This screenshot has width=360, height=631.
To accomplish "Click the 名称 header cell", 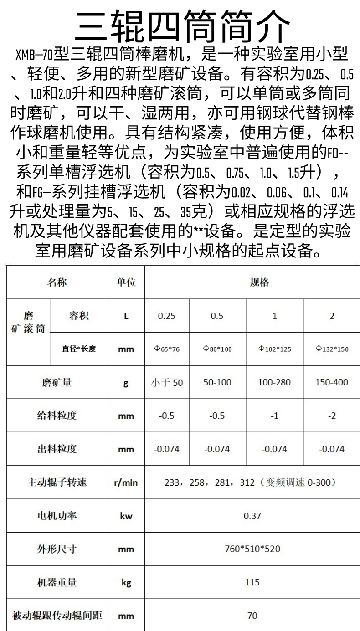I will click(x=57, y=282).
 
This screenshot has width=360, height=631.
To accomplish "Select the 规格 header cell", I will click(x=259, y=282).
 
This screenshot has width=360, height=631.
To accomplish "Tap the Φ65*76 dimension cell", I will click(x=167, y=349).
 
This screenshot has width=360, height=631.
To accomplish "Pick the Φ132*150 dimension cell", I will click(x=332, y=349).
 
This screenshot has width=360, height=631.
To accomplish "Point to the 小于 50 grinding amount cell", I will click(x=167, y=383).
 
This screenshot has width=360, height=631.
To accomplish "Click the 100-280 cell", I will click(x=274, y=382).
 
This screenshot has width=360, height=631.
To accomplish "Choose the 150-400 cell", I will click(x=332, y=382).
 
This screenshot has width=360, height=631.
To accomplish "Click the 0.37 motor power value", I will click(x=252, y=516).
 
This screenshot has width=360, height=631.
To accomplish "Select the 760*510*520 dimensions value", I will click(x=252, y=549).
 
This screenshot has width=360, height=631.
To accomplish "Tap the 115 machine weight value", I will click(x=252, y=582).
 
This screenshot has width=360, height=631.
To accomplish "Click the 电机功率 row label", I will click(x=57, y=516).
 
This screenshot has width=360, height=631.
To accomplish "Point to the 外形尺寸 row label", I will click(x=57, y=549).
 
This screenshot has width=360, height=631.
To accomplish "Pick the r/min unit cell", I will click(x=126, y=482).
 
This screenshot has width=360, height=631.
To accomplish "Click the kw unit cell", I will click(x=126, y=516).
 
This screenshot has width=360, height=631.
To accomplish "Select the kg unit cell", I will click(x=126, y=582).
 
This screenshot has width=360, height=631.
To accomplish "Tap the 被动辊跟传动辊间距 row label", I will click(x=57, y=616).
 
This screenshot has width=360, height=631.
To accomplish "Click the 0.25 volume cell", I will click(x=167, y=316).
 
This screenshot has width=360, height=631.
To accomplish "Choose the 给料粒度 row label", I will click(x=57, y=416).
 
